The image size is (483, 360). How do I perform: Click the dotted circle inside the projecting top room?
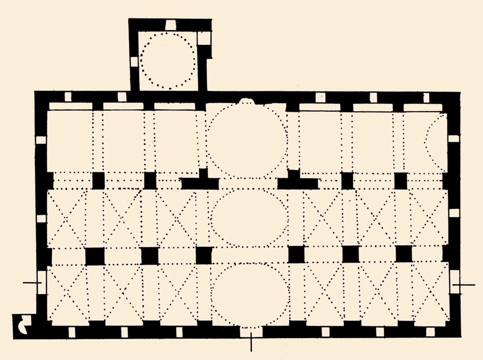169,61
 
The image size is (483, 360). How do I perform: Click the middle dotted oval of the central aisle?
249,218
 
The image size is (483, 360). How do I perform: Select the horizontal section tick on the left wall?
32,283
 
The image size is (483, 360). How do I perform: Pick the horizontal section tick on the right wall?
463,285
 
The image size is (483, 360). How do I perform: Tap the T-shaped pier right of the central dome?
297,181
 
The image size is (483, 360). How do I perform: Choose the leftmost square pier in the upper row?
98,180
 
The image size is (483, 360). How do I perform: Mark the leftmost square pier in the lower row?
95,256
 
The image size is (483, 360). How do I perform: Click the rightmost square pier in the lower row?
404,254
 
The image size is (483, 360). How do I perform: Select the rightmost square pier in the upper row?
400,180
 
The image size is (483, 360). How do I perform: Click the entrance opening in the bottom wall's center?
251,331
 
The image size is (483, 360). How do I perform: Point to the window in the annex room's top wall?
171,25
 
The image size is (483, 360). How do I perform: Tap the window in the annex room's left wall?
134,61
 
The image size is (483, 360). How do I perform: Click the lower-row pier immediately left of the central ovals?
204,255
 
